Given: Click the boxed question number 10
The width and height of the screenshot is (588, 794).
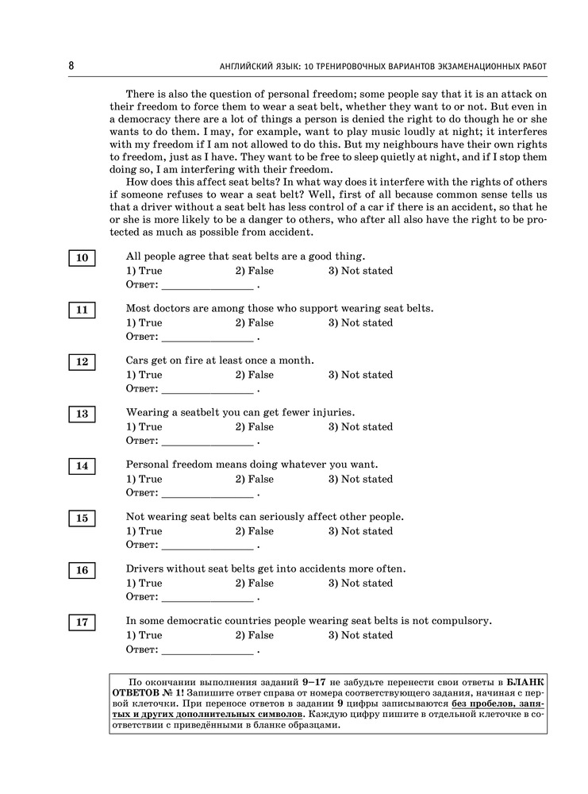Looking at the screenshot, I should [82, 258].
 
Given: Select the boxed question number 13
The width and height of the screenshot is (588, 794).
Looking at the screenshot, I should [82, 414].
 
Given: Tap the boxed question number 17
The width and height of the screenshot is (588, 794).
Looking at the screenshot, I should [82, 622].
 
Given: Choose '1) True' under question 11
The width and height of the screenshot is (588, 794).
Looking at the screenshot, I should [144, 323].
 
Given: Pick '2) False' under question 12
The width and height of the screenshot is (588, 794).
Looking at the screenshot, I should [254, 375].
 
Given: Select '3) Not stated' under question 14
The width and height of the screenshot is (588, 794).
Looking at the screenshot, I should [360, 479].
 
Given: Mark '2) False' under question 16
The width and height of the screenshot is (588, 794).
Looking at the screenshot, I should [254, 583].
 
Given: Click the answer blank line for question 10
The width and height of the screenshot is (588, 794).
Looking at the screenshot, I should [207, 285].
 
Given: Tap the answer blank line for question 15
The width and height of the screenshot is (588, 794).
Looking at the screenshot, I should [207, 545].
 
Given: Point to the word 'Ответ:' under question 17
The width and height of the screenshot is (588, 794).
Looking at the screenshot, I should [142, 649].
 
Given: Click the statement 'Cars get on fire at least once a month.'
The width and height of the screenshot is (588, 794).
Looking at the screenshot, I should [220, 360].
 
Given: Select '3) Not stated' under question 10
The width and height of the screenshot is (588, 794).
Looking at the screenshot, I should [360, 271].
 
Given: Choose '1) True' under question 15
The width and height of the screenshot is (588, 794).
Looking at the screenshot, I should [144, 531].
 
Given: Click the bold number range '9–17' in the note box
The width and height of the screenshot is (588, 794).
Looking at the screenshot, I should [317, 682].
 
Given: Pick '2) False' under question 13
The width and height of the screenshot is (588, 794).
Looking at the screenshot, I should [254, 427].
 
